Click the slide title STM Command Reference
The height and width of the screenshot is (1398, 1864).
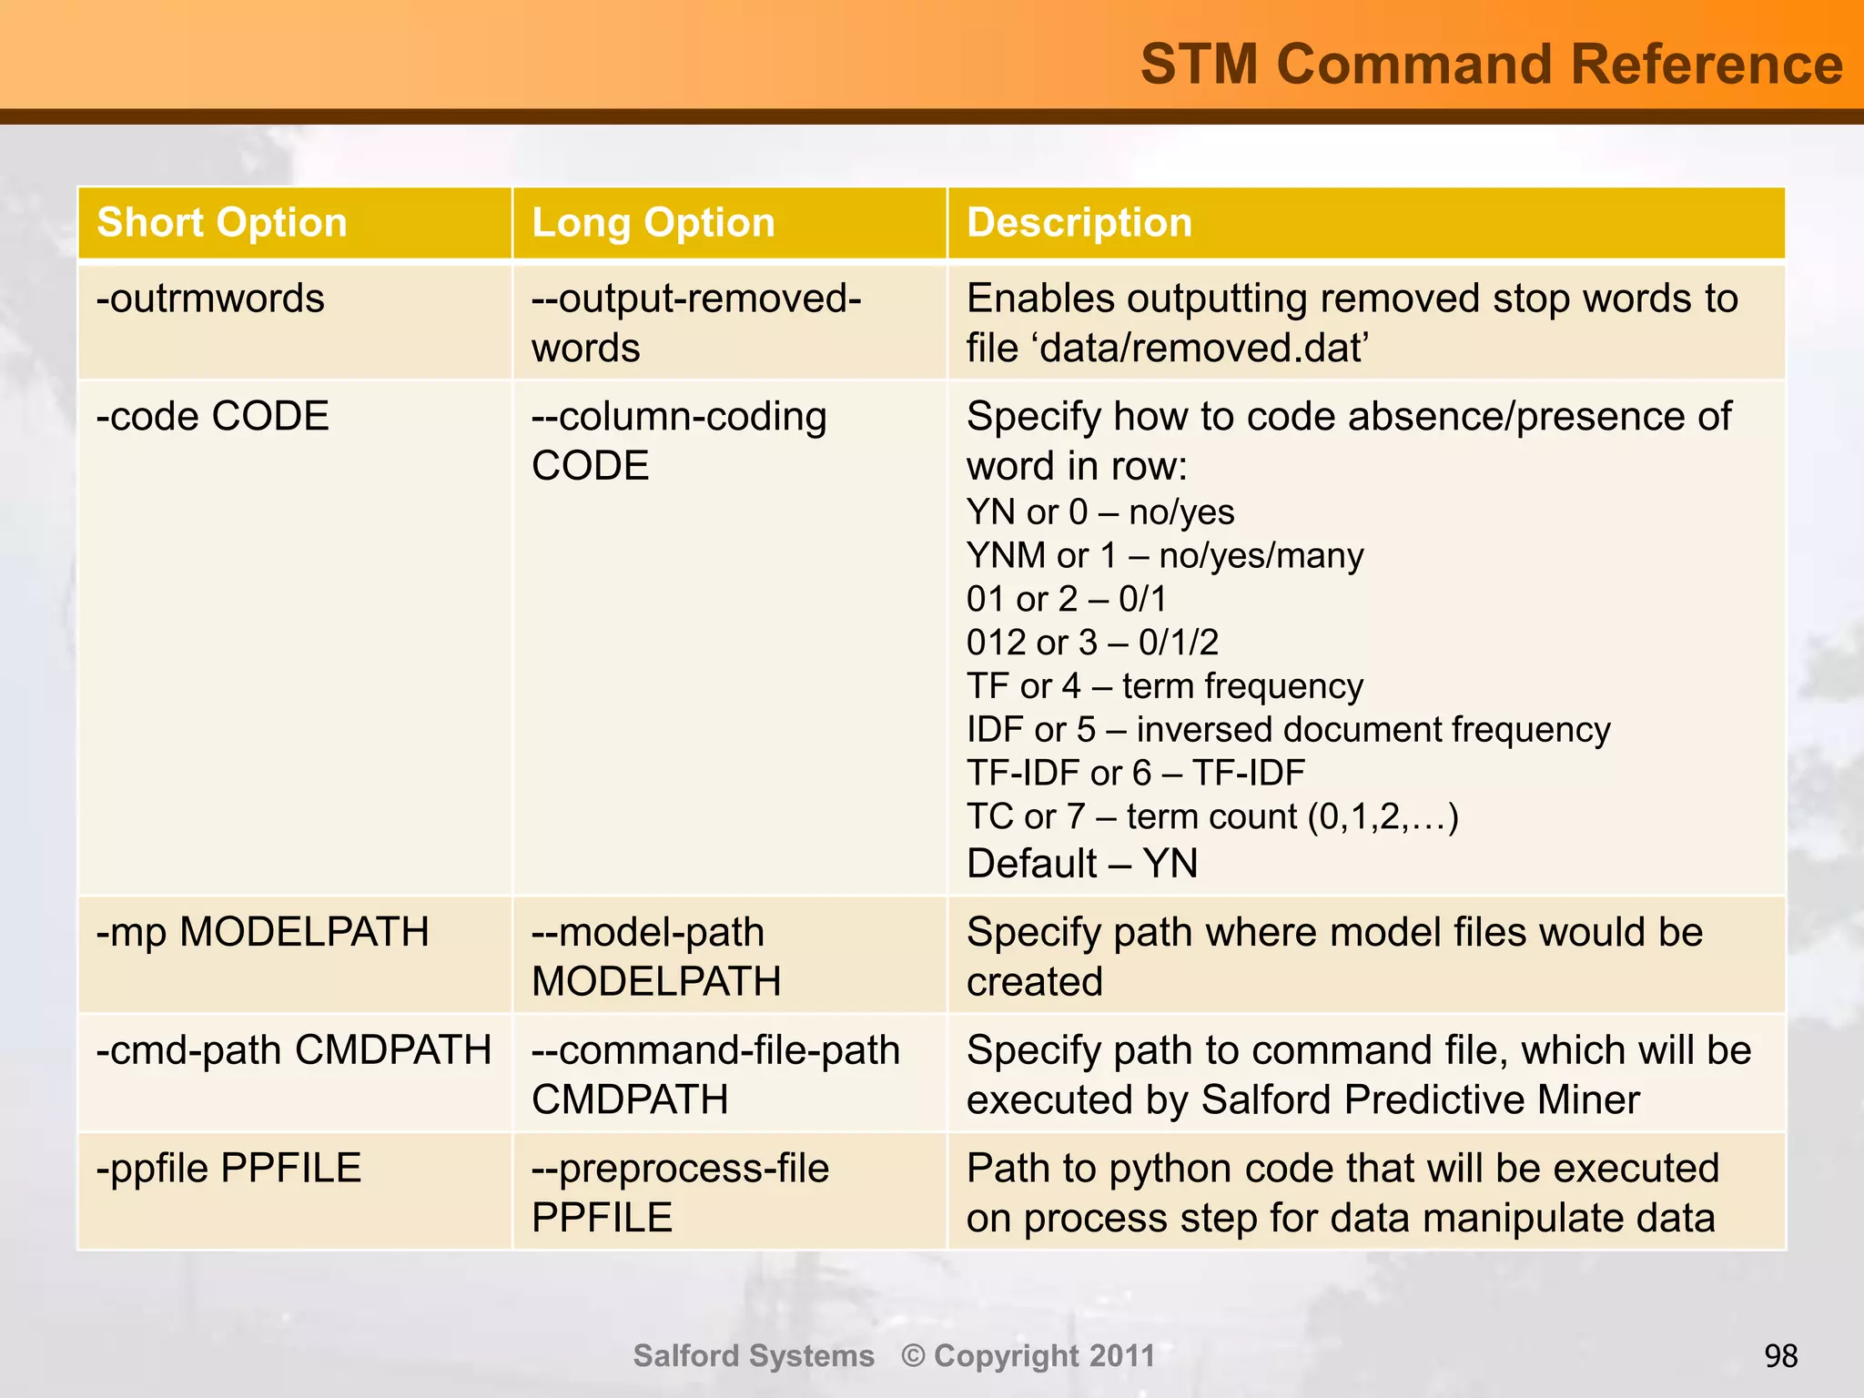[x=1491, y=66]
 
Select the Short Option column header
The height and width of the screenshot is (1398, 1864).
[x=222, y=223]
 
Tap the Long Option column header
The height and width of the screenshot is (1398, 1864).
[x=653, y=223]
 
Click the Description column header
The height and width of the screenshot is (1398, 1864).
[x=1079, y=223]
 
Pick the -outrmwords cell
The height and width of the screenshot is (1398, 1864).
[x=210, y=299]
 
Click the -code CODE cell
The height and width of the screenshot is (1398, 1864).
[x=212, y=417]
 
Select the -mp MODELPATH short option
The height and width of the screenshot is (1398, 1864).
[x=262, y=933]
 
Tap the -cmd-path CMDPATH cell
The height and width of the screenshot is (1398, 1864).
[x=293, y=1050]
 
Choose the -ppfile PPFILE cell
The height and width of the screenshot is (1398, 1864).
[x=228, y=1169]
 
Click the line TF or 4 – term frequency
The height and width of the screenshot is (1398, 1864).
[x=1164, y=686]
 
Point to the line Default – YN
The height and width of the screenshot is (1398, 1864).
[x=1081, y=864]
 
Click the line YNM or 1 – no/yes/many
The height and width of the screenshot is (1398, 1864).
[x=1164, y=556]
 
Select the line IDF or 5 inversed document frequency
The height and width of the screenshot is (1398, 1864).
[x=1287, y=730]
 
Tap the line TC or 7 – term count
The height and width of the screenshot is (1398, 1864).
[x=1211, y=817]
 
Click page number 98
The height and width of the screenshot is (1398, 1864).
[x=1780, y=1357]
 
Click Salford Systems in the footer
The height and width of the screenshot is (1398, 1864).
[x=753, y=1356]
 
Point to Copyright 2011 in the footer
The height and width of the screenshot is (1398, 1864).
[x=1028, y=1356]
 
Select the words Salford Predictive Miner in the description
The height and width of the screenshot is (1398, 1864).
[x=1420, y=1100]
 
